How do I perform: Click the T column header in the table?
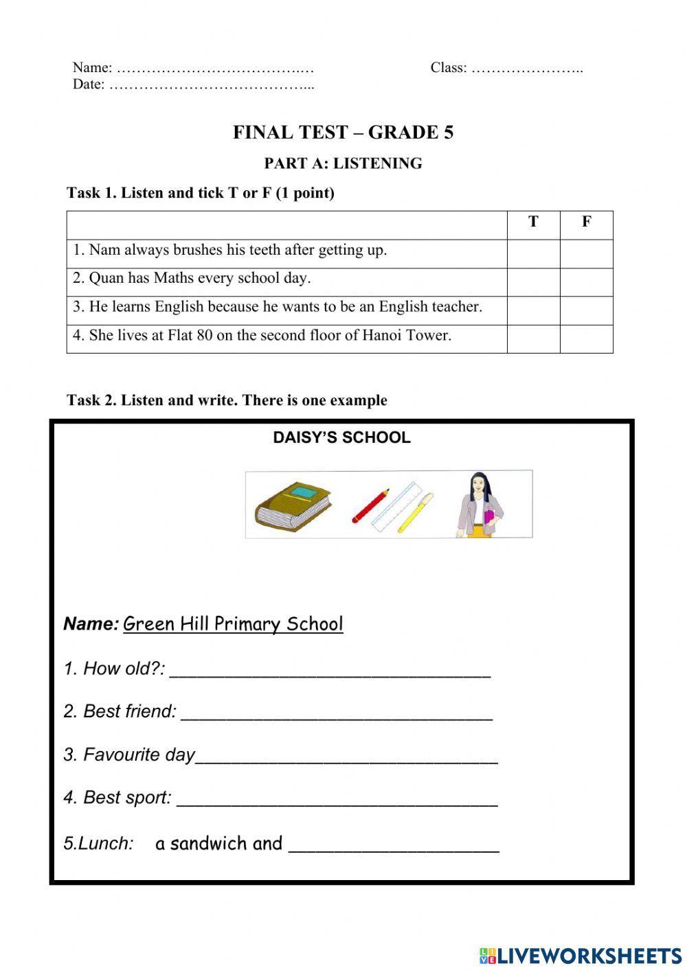click(533, 222)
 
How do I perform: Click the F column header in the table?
click(586, 222)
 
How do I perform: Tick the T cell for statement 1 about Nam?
click(533, 253)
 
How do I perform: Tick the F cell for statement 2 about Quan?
click(586, 282)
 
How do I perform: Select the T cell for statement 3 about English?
click(533, 310)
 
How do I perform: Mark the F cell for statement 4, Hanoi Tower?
click(586, 339)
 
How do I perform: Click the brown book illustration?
click(293, 506)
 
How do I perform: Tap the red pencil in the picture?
click(371, 506)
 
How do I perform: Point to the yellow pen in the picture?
click(416, 512)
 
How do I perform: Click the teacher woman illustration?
click(480, 505)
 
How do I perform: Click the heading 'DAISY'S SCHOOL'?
click(341, 438)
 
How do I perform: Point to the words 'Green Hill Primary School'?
click(233, 624)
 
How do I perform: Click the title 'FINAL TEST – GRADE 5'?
click(343, 132)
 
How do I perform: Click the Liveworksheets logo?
click(581, 955)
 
